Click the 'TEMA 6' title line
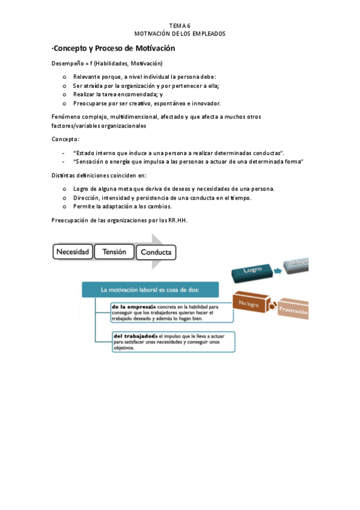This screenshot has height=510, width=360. click(180, 25)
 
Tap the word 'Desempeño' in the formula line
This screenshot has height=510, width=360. click(66, 64)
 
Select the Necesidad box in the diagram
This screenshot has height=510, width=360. click(73, 252)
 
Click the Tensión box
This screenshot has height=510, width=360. click(114, 252)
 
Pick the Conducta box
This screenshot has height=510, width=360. click(156, 253)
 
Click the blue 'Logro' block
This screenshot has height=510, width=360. click(253, 271)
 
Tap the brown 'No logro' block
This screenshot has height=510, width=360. click(250, 303)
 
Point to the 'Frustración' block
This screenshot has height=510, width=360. click(293, 312)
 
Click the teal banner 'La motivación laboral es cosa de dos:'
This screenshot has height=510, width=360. click(150, 290)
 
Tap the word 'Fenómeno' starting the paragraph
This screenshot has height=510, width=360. click(65, 117)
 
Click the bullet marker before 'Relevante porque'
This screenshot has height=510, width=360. click(64, 77)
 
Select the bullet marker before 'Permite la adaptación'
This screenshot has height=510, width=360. click(64, 206)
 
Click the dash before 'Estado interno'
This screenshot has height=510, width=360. click(64, 153)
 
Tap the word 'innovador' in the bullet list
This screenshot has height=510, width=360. click(207, 103)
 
